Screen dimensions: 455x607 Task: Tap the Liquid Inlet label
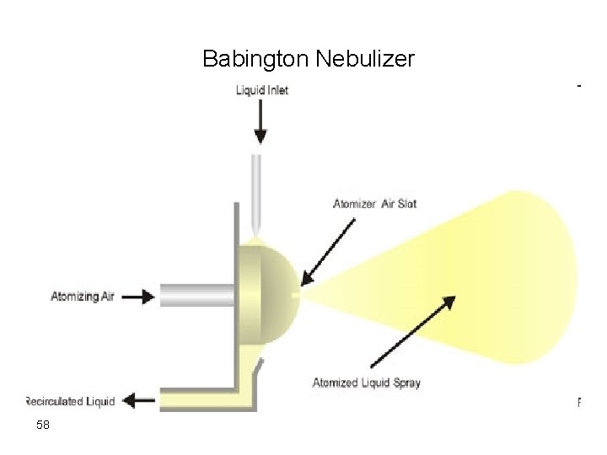click(x=261, y=90)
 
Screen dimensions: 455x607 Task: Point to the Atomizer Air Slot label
click(x=374, y=204)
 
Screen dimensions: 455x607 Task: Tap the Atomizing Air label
click(x=83, y=296)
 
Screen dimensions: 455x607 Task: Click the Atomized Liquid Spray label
click(x=366, y=383)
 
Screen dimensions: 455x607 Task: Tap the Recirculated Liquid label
click(x=71, y=401)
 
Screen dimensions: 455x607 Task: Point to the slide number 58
click(x=43, y=426)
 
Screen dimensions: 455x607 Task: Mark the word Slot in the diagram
click(x=406, y=204)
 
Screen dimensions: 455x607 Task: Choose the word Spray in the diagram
click(x=406, y=383)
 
